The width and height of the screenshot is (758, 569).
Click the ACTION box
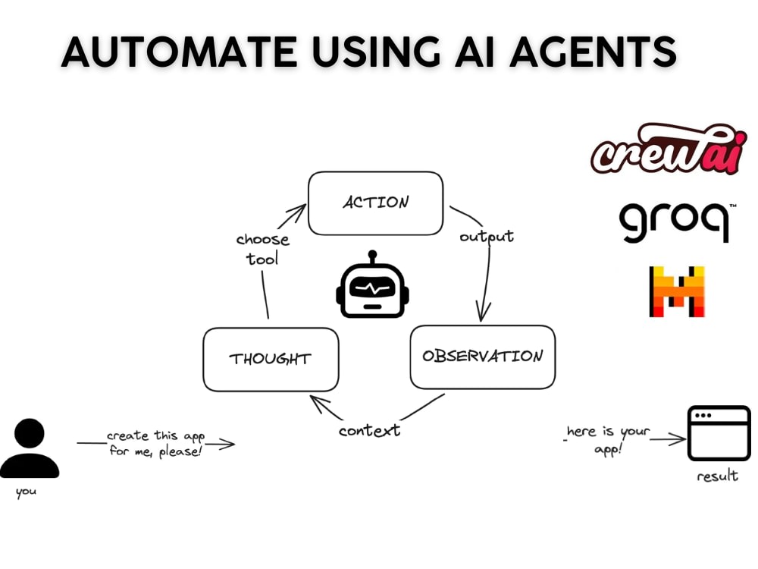tap(376, 203)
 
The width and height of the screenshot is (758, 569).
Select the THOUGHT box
tap(271, 360)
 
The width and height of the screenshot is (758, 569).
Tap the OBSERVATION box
tap(482, 357)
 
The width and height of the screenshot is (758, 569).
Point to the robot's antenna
tap(372, 257)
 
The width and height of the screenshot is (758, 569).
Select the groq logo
tap(675, 222)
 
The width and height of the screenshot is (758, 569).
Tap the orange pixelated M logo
tap(677, 291)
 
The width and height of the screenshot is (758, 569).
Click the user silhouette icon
tap(30, 448)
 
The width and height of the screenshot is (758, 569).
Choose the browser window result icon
tap(719, 433)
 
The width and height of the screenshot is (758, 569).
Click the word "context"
tap(369, 430)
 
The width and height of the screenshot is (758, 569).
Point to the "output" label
tap(487, 237)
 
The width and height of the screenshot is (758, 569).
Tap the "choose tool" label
tap(262, 249)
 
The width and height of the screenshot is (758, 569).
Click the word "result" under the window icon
tap(717, 476)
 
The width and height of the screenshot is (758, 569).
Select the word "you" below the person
tap(26, 492)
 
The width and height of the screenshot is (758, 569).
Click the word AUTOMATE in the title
tap(179, 52)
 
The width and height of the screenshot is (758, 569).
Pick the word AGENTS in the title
tap(593, 52)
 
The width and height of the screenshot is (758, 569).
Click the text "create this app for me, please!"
tap(155, 443)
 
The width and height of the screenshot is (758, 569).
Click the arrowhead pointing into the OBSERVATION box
tap(482, 312)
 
